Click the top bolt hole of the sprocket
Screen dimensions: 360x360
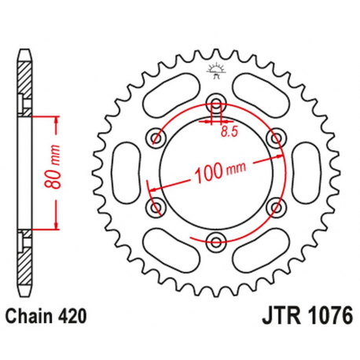tap(216, 104)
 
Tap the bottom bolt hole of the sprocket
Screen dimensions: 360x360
tap(216, 240)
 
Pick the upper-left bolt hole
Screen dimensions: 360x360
tap(157, 138)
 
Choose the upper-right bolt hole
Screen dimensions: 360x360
tap(275, 138)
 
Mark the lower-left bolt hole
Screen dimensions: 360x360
tap(157, 206)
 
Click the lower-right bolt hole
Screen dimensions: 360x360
tap(275, 206)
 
